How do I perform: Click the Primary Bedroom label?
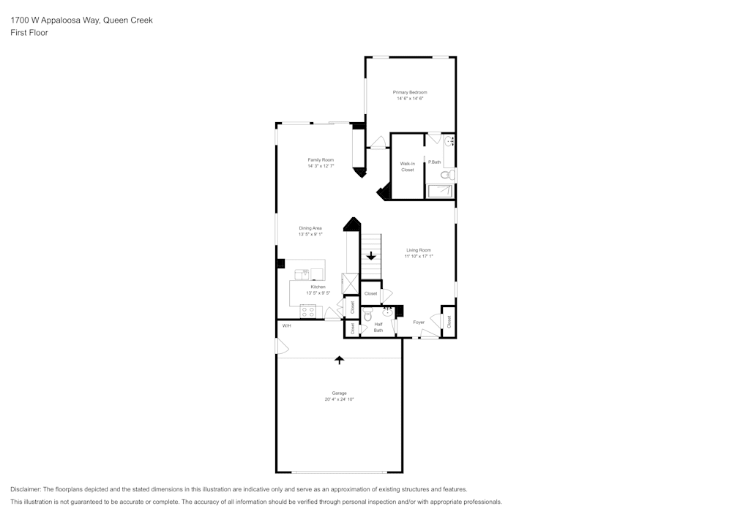[410, 92]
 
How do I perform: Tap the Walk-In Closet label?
[408, 167]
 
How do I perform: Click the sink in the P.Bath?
[450, 141]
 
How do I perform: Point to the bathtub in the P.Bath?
[441, 192]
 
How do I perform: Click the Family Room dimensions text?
[321, 166]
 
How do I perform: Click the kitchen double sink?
[302, 274]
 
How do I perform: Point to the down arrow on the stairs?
[371, 256]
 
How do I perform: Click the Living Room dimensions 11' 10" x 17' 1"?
[419, 256]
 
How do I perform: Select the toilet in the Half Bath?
[367, 315]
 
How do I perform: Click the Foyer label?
[419, 322]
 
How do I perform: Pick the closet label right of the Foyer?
[449, 320]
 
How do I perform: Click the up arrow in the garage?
[339, 360]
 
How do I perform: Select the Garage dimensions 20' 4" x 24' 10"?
[339, 399]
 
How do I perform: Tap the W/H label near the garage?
[286, 325]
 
